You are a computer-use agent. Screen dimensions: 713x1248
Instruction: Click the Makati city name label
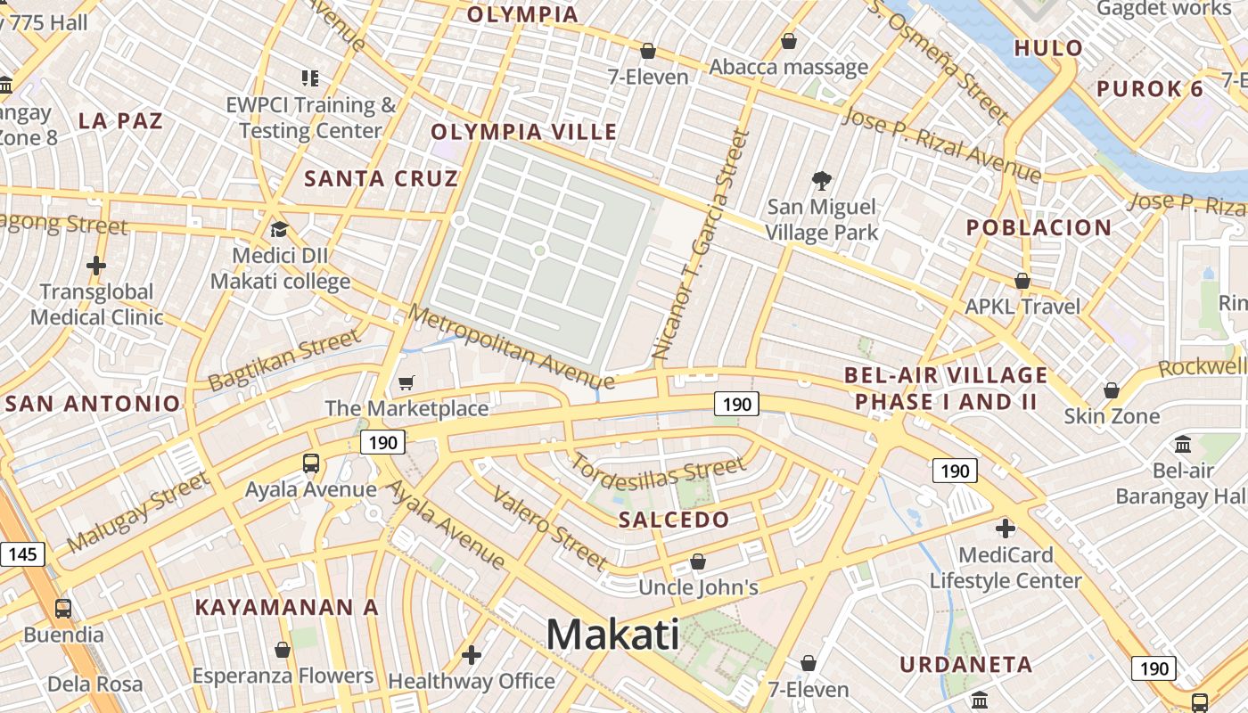612,635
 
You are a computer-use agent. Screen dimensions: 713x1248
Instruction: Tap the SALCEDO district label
674,520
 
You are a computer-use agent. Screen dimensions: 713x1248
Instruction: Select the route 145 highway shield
22,554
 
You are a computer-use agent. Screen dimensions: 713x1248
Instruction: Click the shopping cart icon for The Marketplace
406,383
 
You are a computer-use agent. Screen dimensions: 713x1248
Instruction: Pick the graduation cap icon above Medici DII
279,230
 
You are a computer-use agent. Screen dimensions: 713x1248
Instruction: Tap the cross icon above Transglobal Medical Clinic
96,266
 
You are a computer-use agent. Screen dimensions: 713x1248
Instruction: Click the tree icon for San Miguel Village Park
822,181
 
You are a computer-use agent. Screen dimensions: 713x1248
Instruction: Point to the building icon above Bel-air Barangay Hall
1183,444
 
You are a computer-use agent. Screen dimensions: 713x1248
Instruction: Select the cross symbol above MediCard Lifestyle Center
1006,529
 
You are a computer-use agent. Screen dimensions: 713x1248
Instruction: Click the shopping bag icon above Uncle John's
698,561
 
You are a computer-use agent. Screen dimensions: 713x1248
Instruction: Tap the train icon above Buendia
63,609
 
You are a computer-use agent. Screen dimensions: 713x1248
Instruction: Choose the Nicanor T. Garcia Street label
701,245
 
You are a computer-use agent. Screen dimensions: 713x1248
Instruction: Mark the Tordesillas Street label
657,479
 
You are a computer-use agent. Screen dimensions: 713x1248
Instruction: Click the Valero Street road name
549,529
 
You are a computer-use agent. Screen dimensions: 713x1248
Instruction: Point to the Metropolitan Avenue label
512,348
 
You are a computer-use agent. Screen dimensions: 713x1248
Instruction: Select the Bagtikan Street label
285,360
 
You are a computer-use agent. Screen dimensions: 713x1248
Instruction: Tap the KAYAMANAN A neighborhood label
287,608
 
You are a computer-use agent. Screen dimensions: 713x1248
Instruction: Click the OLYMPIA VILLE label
524,132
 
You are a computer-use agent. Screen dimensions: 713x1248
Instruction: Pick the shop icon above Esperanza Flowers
283,650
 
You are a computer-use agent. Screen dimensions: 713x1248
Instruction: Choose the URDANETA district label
966,664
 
